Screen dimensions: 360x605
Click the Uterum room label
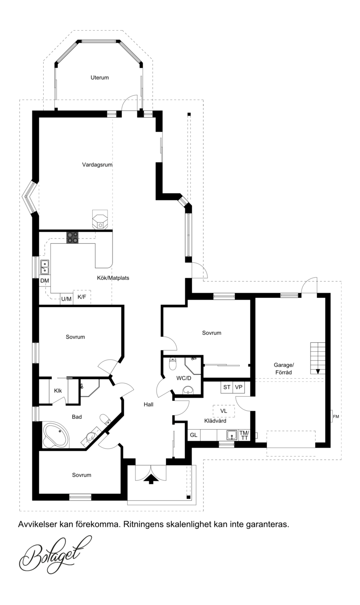(99, 78)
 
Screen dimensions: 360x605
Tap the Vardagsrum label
(97, 165)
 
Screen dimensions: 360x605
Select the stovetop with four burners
(72, 238)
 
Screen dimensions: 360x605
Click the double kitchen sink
(45, 267)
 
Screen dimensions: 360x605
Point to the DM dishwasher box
(45, 281)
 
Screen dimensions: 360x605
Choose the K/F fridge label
(82, 297)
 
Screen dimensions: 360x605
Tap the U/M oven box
(67, 299)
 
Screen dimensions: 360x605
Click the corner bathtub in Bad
(56, 436)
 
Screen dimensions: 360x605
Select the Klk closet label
(58, 390)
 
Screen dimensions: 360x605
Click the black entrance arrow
(151, 479)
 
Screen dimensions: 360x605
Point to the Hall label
(148, 404)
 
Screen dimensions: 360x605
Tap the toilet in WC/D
(172, 363)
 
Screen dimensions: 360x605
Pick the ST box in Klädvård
(227, 387)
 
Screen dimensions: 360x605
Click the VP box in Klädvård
(238, 387)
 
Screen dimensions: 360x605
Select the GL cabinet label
(193, 435)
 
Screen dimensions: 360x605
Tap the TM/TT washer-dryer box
(244, 435)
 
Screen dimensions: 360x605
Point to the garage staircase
(318, 358)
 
